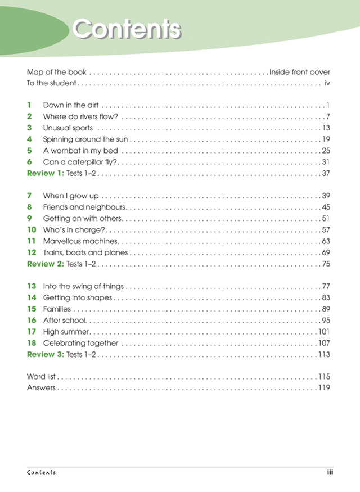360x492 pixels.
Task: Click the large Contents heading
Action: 127,29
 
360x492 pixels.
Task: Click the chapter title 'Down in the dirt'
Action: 71,105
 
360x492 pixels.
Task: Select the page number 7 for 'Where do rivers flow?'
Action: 327,117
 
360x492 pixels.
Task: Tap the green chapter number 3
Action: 29,128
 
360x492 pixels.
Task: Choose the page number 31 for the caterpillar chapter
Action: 326,162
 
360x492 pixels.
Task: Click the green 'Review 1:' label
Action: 46,173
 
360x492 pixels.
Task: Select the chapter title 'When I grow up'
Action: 71,196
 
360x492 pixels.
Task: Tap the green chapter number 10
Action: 31,230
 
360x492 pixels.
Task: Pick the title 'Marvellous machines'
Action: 80,241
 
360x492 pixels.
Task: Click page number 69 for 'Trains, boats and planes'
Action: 326,252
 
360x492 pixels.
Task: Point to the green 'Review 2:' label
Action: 46,264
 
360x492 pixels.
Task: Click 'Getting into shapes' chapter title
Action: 78,298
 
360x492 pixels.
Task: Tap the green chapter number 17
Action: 31,332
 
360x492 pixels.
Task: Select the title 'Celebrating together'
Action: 80,343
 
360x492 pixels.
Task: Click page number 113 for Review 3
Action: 324,354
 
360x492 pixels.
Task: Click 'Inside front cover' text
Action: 300,72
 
